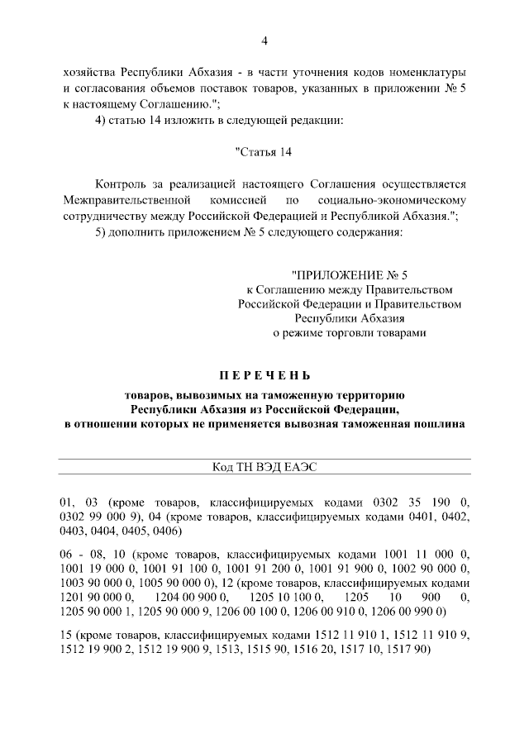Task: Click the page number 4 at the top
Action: click(x=264, y=41)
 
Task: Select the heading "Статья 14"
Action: click(x=264, y=151)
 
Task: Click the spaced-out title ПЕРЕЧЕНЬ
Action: click(x=264, y=376)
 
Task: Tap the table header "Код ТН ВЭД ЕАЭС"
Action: click(x=264, y=467)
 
